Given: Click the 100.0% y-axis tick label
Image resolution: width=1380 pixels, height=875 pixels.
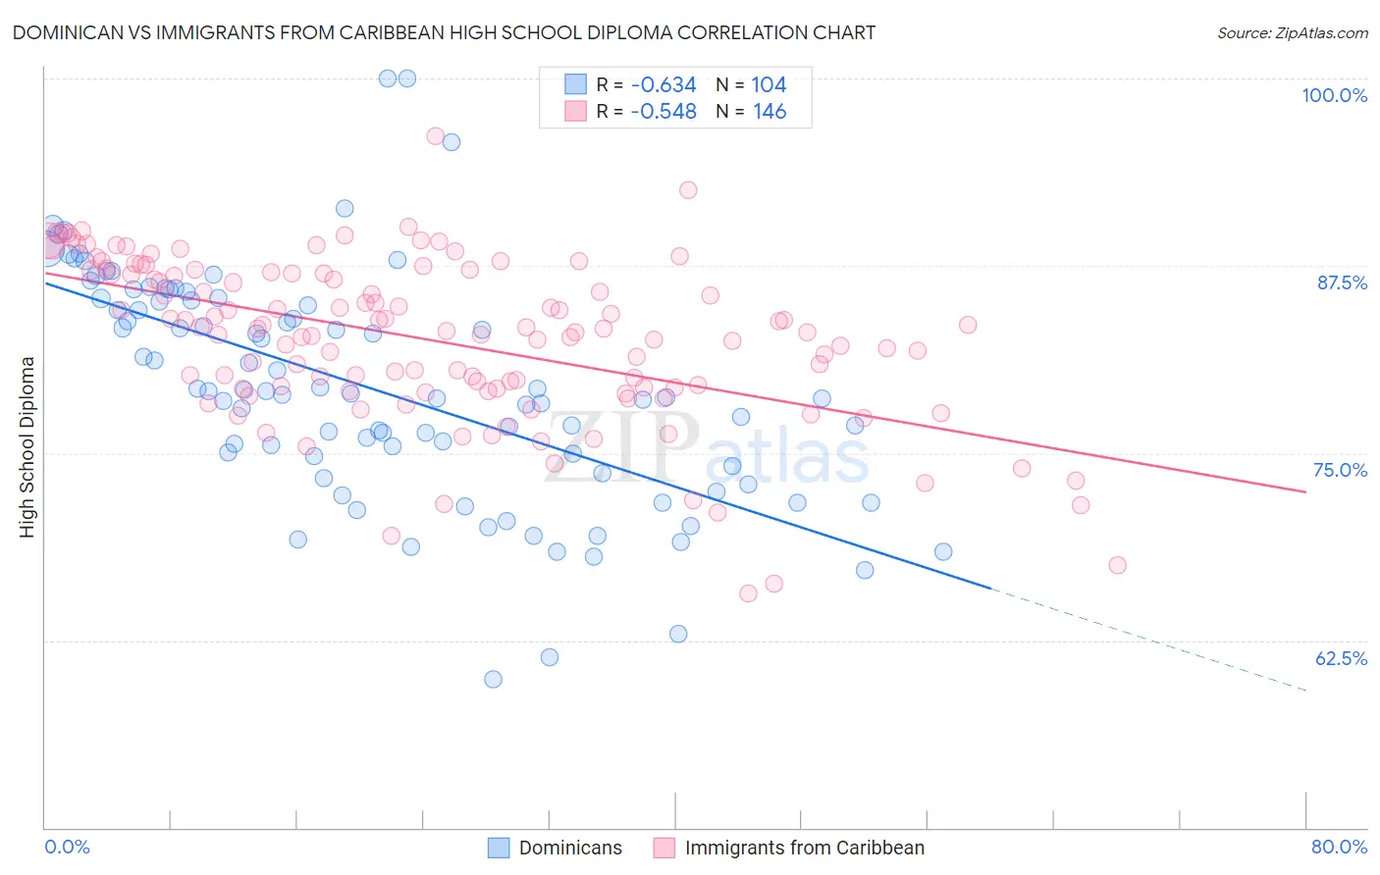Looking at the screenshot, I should pyautogui.click(x=1334, y=95).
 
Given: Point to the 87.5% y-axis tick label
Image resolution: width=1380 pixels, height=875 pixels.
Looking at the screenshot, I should pyautogui.click(x=1342, y=283).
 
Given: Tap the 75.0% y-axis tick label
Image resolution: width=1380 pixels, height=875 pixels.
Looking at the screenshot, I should pyautogui.click(x=1340, y=470).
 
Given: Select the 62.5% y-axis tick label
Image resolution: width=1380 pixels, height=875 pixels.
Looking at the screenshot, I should pyautogui.click(x=1341, y=658).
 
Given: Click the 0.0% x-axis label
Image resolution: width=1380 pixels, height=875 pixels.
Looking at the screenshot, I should pyautogui.click(x=67, y=847).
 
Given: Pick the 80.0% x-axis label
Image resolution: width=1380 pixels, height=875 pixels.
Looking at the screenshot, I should pyautogui.click(x=1339, y=847).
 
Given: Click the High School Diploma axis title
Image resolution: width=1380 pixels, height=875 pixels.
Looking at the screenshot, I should pyautogui.click(x=27, y=446).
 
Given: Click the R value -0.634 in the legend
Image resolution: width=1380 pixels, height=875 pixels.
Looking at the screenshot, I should pyautogui.click(x=663, y=85).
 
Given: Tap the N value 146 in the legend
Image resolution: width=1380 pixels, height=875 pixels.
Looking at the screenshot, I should pyautogui.click(x=770, y=112).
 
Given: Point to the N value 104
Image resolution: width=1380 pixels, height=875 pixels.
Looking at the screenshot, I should pyautogui.click(x=769, y=85).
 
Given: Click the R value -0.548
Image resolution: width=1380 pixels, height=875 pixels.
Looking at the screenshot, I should pyautogui.click(x=663, y=112).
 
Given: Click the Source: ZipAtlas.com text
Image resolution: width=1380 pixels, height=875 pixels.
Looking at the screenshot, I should pyautogui.click(x=1292, y=33).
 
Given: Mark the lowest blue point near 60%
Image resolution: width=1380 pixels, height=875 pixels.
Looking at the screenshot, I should pyautogui.click(x=493, y=679).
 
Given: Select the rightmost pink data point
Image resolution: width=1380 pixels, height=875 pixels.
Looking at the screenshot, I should pyautogui.click(x=1117, y=565).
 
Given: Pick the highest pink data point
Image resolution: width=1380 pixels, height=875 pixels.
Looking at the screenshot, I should pyautogui.click(x=435, y=136).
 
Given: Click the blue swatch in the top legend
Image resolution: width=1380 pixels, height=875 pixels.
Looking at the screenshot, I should pyautogui.click(x=575, y=85).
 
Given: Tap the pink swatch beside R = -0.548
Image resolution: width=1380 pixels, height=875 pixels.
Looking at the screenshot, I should pyautogui.click(x=575, y=112).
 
